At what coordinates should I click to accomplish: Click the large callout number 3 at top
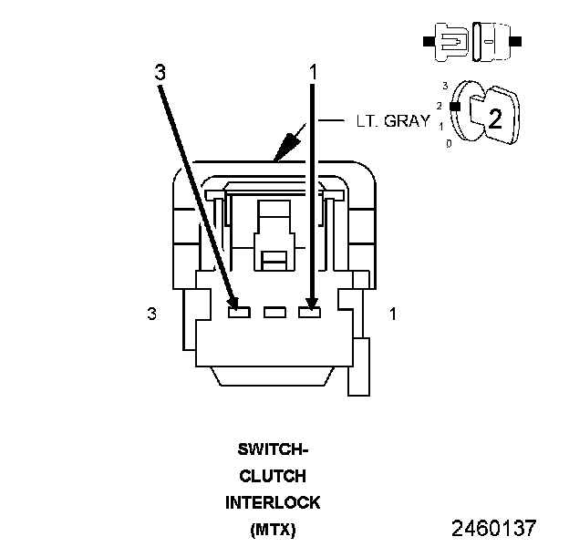(160, 73)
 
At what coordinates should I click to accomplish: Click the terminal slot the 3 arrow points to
(238, 313)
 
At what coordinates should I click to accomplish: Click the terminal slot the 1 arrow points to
(310, 313)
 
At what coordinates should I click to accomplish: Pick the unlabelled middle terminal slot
(274, 313)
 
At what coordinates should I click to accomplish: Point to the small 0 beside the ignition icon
(447, 143)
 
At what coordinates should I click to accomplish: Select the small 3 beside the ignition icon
(444, 86)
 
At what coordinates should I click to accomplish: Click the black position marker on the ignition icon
(453, 106)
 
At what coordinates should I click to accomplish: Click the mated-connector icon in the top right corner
(471, 43)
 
